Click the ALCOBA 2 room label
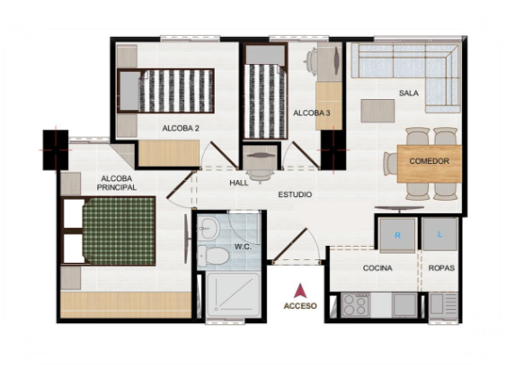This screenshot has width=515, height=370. coord(181,128)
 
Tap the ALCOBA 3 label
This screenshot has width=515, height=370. coord(311,113)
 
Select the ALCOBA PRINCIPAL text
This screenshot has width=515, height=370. coord(117,183)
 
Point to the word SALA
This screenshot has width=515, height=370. coord(409,93)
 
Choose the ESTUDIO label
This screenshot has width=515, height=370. coord(295,194)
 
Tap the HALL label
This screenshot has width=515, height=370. coord(239,183)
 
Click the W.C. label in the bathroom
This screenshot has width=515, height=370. coord(243,247)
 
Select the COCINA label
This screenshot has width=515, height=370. coord(377,268)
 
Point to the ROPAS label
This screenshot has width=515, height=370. coord(441,268)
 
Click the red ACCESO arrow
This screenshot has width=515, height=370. coord(300,291)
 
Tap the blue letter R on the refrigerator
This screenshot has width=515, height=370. coord(397,236)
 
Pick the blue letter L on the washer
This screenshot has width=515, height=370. coord(440,234)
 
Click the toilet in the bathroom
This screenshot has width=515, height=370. coord(214,257)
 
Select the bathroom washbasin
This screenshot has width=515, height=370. coord(209,228)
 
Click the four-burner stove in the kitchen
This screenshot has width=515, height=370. coord(355,305)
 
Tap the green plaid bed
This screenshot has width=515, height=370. coord(119,231)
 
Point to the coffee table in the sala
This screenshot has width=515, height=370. coord(377,111)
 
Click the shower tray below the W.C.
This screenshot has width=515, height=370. coord(233,295)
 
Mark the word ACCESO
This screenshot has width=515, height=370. coord(300,306)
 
